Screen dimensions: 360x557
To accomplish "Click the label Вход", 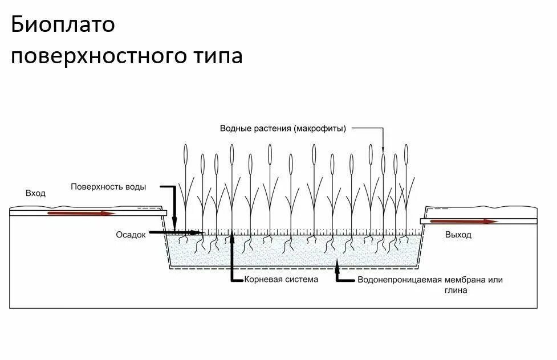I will [35, 194].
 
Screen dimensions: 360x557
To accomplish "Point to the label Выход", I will [458, 235].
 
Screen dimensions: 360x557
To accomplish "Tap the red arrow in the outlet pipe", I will [462, 221].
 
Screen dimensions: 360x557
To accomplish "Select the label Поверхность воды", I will [108, 186].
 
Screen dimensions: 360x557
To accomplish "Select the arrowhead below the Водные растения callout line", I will [383, 149].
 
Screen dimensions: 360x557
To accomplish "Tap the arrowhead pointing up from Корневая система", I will [233, 239].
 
